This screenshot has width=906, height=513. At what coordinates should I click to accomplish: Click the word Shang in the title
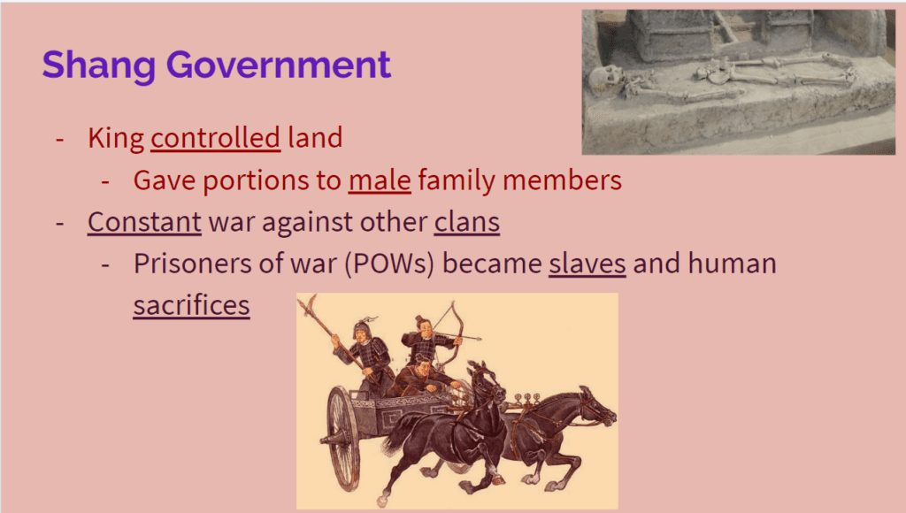click(x=99, y=65)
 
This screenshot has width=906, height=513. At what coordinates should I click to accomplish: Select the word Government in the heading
click(x=279, y=64)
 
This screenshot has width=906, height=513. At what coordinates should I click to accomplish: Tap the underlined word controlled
click(x=216, y=138)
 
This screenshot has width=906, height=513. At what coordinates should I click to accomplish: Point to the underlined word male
click(x=380, y=180)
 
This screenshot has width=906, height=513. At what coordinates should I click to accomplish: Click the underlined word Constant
click(x=144, y=222)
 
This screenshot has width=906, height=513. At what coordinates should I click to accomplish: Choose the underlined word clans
click(x=467, y=222)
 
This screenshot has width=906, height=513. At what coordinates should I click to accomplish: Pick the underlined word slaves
click(x=587, y=264)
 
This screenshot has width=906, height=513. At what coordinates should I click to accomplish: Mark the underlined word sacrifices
click(x=191, y=305)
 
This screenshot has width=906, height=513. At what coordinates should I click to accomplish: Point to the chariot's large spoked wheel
click(x=343, y=439)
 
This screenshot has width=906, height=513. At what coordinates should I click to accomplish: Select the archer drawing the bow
click(x=427, y=341)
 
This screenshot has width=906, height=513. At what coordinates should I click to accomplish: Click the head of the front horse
click(x=597, y=407)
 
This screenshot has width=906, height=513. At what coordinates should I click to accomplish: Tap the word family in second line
click(x=457, y=180)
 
